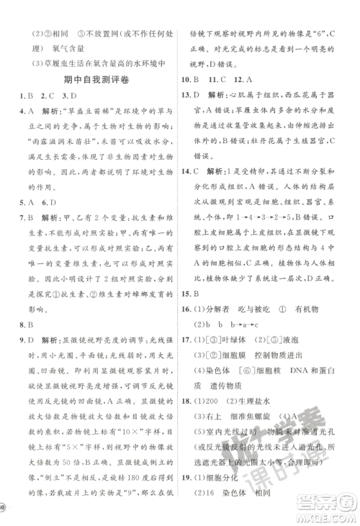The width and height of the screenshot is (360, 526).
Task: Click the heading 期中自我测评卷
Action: [91, 78]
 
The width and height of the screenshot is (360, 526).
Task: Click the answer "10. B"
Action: [192, 78]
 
